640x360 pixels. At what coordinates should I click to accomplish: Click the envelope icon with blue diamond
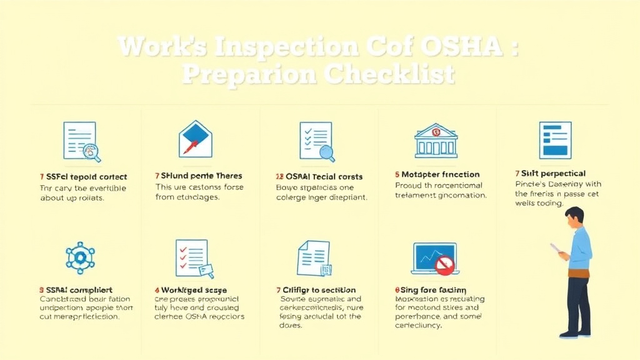click(x=196, y=138)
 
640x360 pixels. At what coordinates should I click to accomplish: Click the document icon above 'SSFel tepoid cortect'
click(x=82, y=142)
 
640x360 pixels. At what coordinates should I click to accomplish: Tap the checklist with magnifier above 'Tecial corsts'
click(x=316, y=141)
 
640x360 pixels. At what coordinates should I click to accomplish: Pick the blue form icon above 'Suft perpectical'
click(x=555, y=139)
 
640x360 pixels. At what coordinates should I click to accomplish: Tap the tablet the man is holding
click(x=556, y=248)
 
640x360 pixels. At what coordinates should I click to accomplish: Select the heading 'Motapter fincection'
click(x=441, y=175)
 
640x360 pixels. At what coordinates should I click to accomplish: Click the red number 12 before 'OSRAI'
click(x=281, y=176)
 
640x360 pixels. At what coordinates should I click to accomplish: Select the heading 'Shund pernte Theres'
click(x=201, y=176)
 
